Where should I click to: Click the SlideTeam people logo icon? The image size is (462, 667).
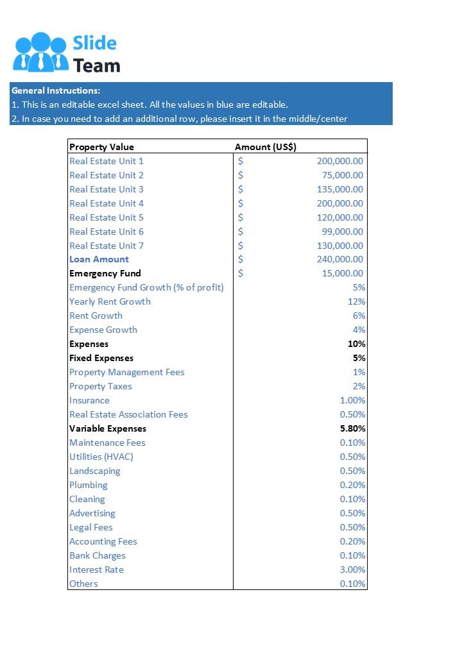40,52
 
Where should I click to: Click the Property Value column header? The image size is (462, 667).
101,147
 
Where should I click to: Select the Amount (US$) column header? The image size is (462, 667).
266,147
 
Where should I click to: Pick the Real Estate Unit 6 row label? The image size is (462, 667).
107,232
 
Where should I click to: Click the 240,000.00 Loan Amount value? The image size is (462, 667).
339,259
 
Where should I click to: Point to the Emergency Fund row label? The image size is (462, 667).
105,273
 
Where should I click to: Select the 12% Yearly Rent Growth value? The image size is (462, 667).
356,301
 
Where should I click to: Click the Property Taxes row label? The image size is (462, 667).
101,386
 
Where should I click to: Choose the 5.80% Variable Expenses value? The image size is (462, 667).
352,428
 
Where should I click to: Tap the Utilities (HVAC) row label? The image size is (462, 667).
101,457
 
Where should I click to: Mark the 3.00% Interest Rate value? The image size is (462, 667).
352,570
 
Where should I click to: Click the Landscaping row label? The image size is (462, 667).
95,471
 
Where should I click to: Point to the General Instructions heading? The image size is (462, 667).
56,90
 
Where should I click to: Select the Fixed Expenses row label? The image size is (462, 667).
101,358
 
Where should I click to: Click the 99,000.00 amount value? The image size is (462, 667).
342,232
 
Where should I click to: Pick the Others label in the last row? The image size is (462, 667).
84,584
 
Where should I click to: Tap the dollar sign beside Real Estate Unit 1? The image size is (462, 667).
241,161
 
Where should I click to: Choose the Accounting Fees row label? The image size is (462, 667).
103,541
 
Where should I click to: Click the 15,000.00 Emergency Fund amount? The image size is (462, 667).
342,273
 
